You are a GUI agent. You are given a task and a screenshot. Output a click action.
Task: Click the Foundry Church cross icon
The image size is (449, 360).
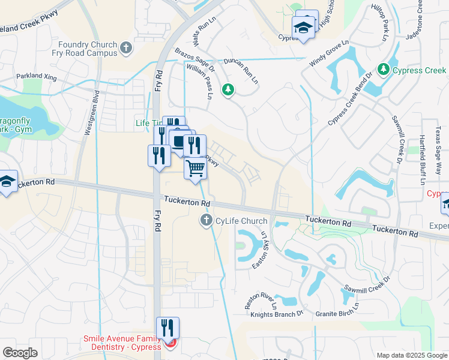point(125,47)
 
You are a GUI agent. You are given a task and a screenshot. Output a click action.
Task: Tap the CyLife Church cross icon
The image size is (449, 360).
point(206,221)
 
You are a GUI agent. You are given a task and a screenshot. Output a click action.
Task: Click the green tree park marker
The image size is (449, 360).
point(228,90)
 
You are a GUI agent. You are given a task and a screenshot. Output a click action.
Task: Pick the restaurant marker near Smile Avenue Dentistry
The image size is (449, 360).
point(167,328)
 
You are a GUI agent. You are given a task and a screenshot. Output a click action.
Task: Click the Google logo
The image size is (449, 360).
point(20,352)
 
